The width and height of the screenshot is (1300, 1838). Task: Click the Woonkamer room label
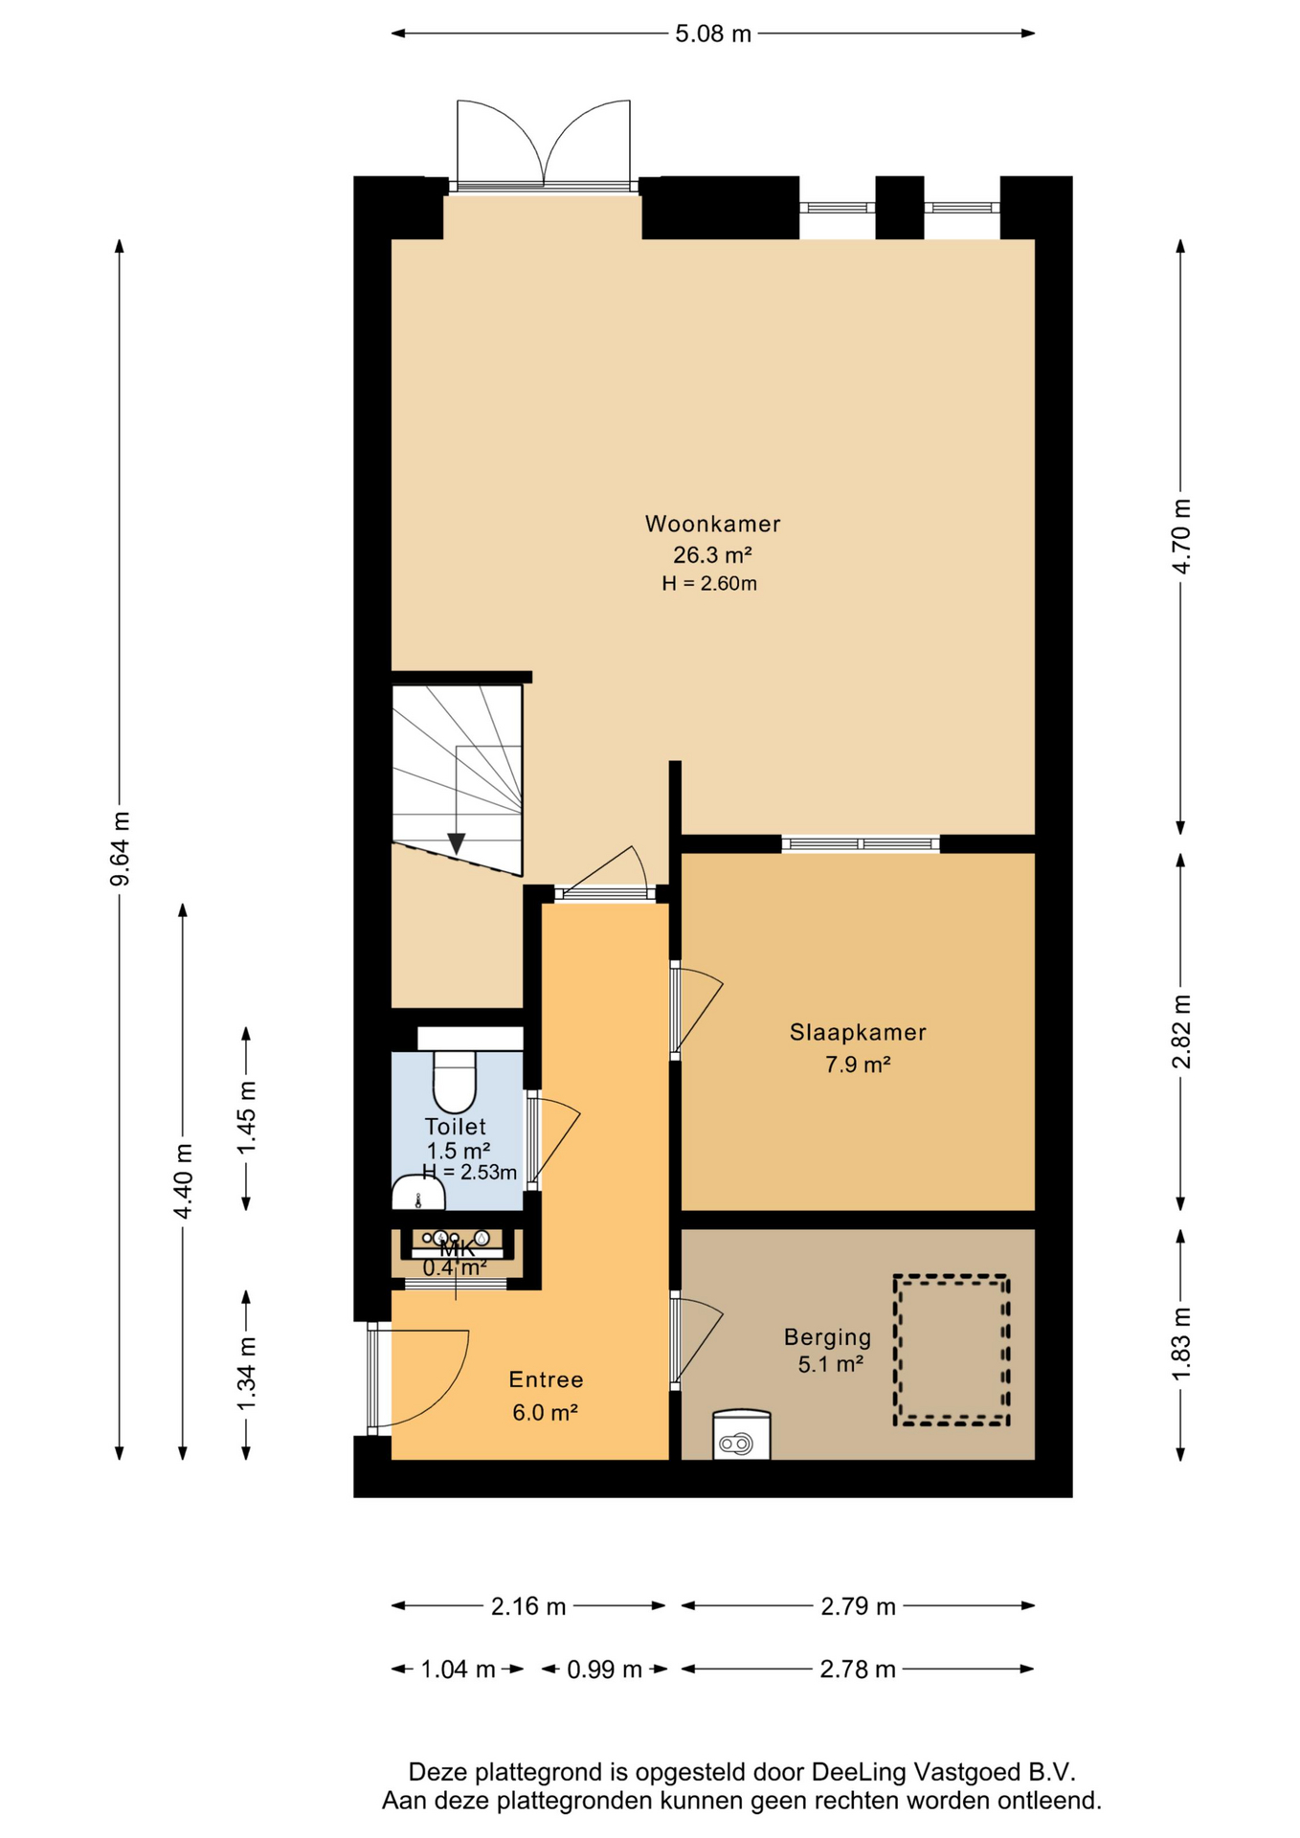pos(712,524)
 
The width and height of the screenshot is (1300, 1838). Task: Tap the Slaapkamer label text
pos(858,1032)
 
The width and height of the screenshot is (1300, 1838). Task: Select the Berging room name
pos(827,1337)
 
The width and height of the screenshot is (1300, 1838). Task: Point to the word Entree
pos(546,1379)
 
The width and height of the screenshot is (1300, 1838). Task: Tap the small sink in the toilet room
pos(417,1193)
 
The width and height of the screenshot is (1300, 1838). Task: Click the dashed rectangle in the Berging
pos(951,1350)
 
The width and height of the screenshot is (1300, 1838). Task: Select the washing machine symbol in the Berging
pos(741,1433)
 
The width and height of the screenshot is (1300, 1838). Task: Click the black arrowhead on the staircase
pos(457,843)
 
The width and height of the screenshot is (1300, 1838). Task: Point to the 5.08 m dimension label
pos(713,34)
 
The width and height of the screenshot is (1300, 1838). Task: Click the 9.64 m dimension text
pos(120,849)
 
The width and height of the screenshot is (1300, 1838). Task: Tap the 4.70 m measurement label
pos(1181,536)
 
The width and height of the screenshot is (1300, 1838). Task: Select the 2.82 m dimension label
pos(1181,1031)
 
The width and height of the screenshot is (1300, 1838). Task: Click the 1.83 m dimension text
pos(1181,1344)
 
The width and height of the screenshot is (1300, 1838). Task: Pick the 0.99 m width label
pos(604,1670)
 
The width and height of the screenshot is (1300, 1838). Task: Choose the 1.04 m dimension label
pos(458,1670)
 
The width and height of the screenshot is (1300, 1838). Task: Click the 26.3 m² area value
pos(712,554)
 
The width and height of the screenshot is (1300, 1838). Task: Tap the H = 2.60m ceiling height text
pos(709,583)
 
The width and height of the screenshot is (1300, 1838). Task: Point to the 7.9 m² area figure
pos(858,1064)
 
